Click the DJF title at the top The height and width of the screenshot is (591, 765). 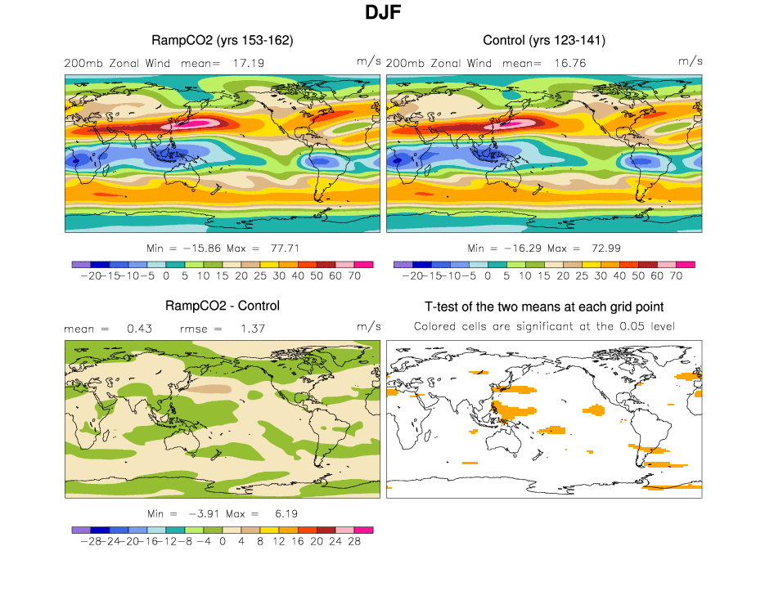click(382, 14)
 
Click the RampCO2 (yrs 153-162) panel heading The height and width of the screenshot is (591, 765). click(223, 40)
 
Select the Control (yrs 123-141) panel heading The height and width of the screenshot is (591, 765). click(544, 40)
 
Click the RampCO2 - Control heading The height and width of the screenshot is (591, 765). click(223, 306)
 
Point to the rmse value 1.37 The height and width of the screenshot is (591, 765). click(248, 329)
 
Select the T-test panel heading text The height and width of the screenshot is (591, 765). click(544, 307)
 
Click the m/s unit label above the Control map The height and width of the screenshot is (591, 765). click(691, 61)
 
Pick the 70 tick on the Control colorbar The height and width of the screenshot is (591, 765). click(676, 276)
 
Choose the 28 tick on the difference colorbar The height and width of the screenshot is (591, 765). click(354, 541)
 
